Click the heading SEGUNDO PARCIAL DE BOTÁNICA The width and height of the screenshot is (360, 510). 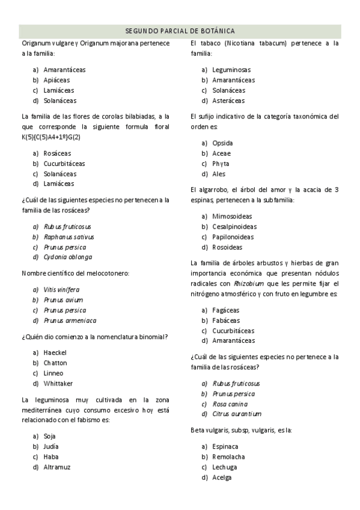point(180,31)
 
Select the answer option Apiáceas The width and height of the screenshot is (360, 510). point(56,80)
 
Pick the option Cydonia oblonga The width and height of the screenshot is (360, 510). point(68,257)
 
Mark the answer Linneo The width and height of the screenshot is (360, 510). point(53,373)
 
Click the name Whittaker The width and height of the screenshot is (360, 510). point(58,384)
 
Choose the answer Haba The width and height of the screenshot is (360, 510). point(51,456)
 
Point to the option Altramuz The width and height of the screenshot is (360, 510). point(57,467)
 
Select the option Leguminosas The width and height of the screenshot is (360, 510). point(231,70)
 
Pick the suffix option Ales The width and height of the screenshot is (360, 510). point(219,174)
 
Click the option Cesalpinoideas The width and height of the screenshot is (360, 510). point(234,227)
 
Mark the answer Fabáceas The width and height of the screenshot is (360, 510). point(225,321)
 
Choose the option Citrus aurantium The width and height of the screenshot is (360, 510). point(237,414)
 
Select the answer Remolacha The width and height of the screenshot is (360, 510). point(228,457)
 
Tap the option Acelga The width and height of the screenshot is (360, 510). point(222,478)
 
